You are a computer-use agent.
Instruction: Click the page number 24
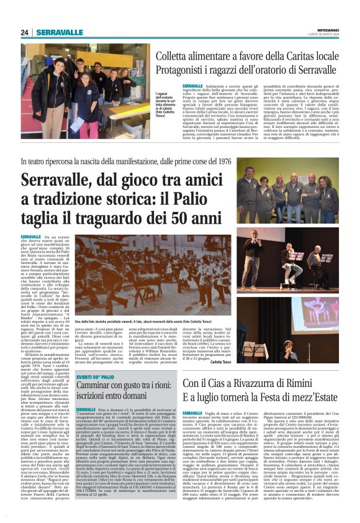25,32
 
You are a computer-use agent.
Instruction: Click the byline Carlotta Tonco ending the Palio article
222,361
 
